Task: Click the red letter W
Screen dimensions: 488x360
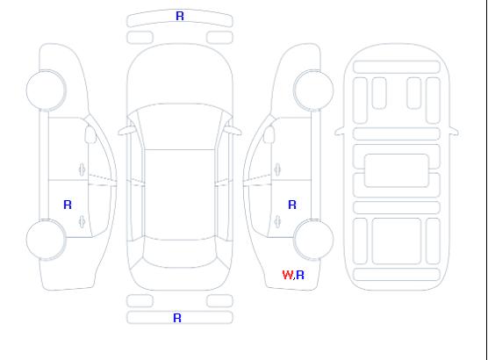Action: (287, 275)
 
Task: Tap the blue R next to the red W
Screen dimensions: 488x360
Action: (300, 275)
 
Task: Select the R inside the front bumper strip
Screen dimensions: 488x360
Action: (180, 16)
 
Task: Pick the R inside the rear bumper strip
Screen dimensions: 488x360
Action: (177, 318)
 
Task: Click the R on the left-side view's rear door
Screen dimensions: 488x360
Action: (68, 205)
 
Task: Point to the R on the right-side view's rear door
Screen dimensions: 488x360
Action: (292, 205)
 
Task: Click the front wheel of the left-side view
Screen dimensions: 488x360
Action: (46, 90)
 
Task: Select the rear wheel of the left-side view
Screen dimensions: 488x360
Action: (46, 240)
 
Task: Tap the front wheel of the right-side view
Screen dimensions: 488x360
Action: (313, 90)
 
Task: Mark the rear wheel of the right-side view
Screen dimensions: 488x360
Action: (313, 240)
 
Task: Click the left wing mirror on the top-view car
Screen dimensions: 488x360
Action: (126, 131)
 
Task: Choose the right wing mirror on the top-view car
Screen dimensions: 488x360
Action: (233, 131)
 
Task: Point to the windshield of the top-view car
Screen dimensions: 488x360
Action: (180, 126)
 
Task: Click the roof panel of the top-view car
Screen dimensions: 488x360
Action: (180, 195)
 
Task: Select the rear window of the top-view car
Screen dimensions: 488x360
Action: (180, 253)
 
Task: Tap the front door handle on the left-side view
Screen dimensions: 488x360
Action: (83, 169)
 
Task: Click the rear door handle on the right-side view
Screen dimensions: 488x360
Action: (277, 222)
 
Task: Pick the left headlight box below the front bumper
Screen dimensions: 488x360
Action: (140, 38)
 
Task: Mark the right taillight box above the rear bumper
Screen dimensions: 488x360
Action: (219, 301)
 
